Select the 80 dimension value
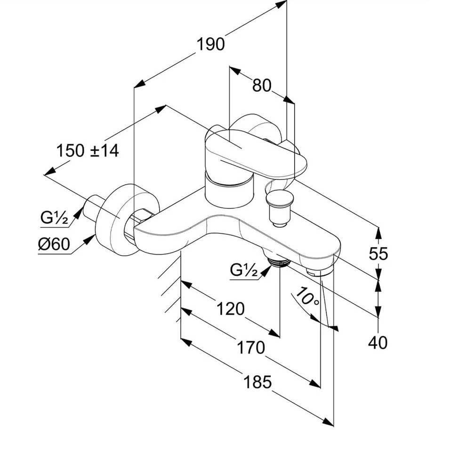262,85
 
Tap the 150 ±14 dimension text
88,151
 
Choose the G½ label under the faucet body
244,270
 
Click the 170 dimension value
250,348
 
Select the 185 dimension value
258,382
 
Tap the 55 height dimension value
379,254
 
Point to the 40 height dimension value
378,342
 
